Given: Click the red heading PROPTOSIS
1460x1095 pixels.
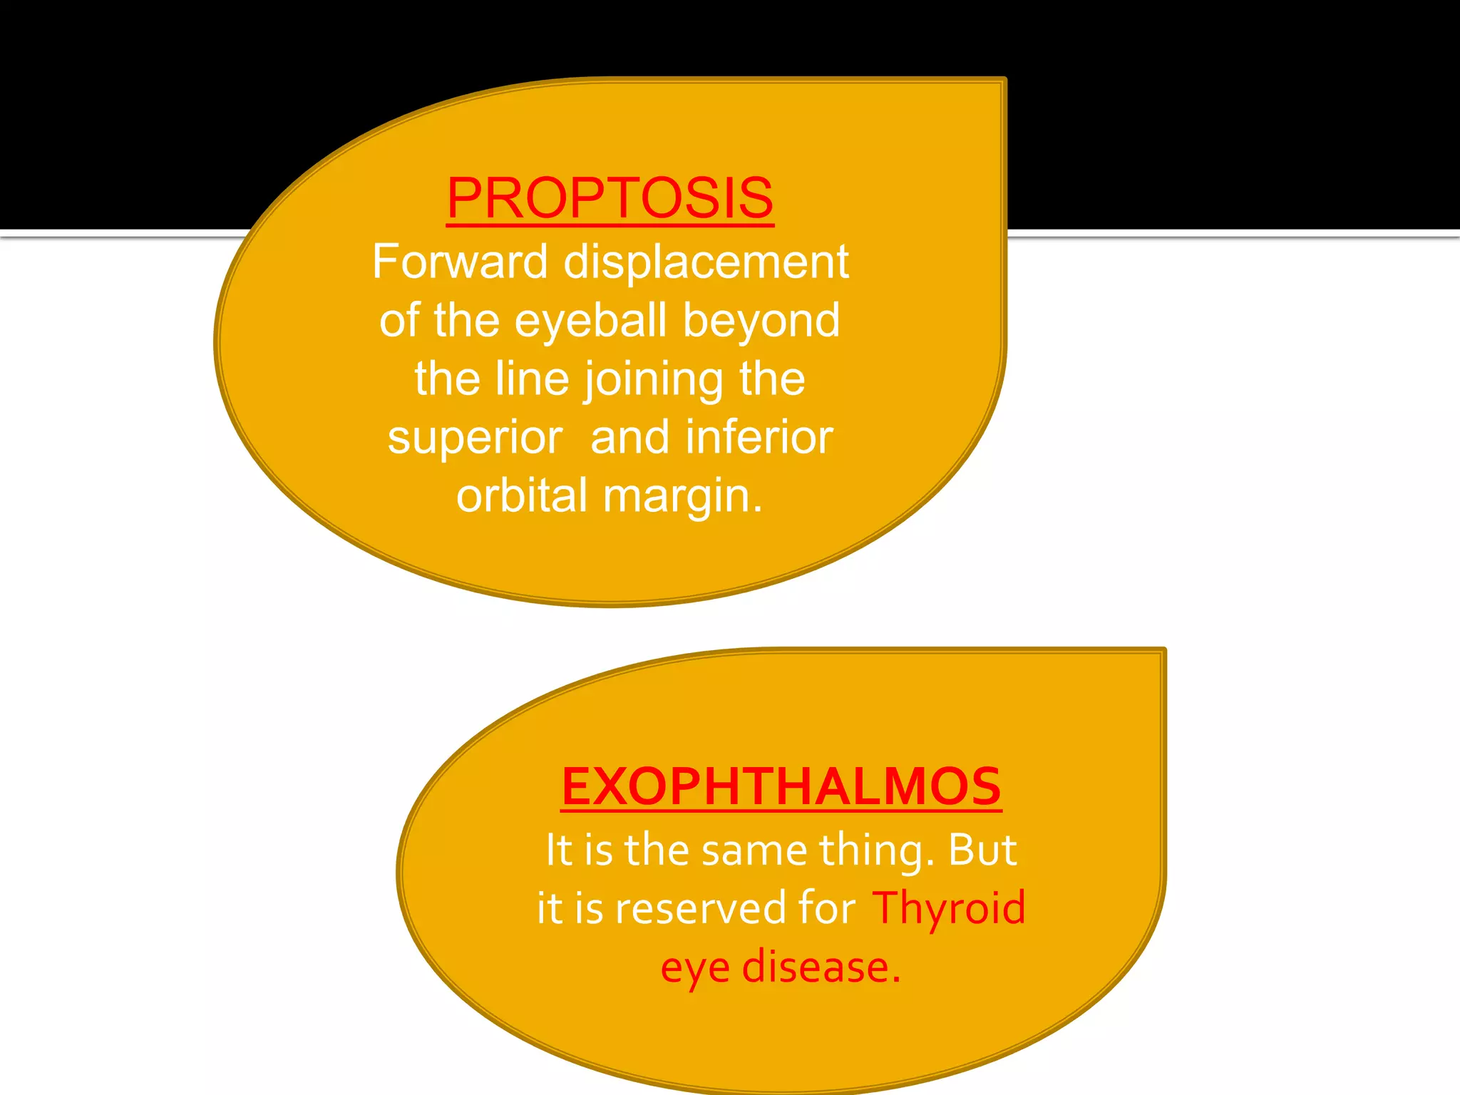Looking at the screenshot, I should (610, 198).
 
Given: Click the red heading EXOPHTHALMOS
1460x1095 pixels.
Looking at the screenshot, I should (781, 787).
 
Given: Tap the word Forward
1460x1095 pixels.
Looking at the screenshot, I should (460, 262).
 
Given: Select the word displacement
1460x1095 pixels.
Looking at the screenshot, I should (706, 262).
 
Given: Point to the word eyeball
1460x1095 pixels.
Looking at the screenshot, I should (590, 321).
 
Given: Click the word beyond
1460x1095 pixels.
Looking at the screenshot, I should (761, 321).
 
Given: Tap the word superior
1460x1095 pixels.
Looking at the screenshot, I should (475, 438).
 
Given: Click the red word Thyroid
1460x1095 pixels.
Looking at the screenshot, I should (949, 909).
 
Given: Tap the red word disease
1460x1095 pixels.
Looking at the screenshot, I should (821, 968).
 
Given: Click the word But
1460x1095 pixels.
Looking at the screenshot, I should (982, 850).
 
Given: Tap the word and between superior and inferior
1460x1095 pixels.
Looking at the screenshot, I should (629, 438).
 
